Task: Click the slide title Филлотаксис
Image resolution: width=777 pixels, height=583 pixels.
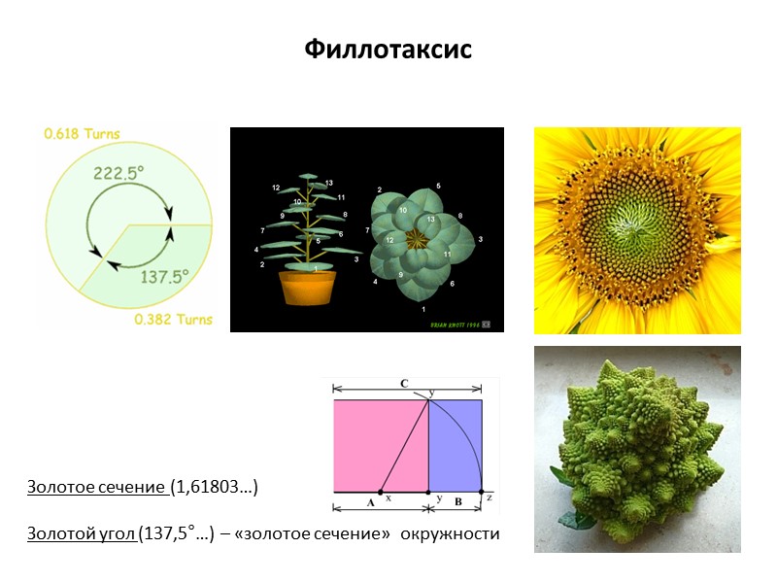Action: (x=388, y=49)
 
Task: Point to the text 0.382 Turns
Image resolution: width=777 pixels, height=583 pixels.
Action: (x=173, y=319)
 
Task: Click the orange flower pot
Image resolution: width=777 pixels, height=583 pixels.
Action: (x=307, y=288)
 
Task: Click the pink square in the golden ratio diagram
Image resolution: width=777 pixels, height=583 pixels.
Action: (x=379, y=445)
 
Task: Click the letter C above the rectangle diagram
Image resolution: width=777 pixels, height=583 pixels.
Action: (x=404, y=384)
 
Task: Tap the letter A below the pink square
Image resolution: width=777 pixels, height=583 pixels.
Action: (x=370, y=503)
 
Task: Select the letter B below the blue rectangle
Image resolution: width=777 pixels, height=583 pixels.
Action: (x=457, y=503)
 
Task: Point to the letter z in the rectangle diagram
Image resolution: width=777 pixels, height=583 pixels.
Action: (x=489, y=497)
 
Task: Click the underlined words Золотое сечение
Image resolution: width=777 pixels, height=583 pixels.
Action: (x=96, y=485)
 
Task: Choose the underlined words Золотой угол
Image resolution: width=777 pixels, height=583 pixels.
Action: (x=82, y=532)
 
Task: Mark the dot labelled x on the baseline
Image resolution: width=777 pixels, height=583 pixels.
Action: (x=380, y=493)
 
